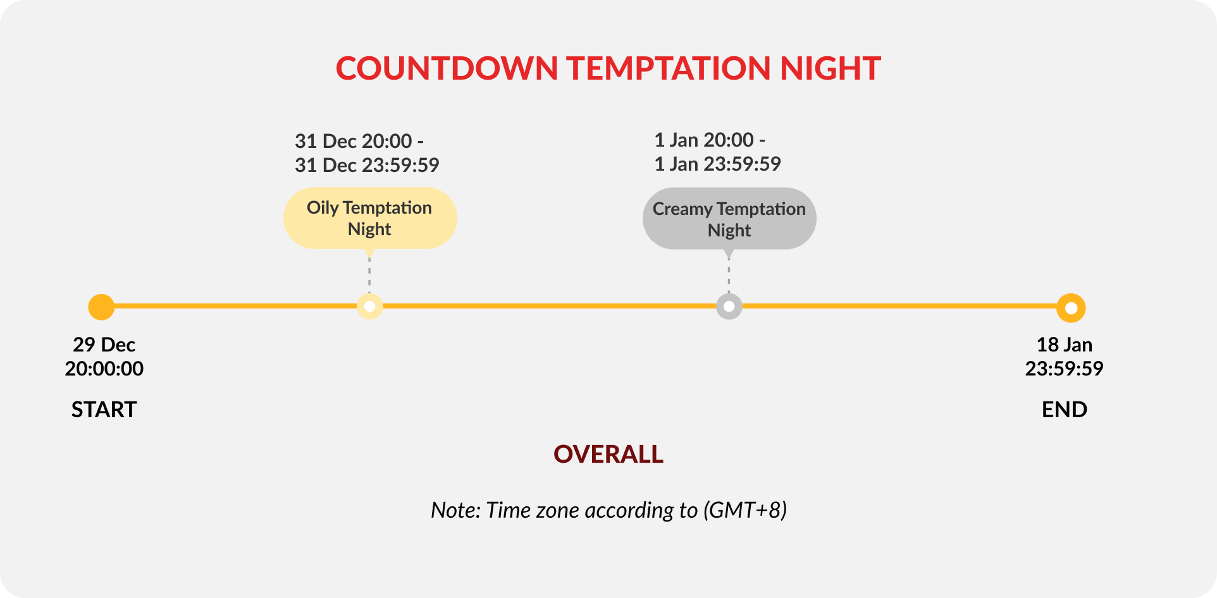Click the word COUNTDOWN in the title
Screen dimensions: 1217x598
click(x=447, y=68)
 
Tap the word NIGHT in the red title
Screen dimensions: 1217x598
click(x=831, y=68)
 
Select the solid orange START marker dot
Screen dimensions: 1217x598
click(x=101, y=307)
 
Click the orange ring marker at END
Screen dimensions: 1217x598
click(x=1071, y=308)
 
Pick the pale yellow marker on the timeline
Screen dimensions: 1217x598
click(x=370, y=307)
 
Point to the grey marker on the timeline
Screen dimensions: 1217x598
click(x=729, y=307)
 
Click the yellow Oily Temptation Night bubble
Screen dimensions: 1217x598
click(x=370, y=218)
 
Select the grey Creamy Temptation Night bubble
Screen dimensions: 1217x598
click(x=729, y=219)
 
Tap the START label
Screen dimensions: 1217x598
click(x=104, y=410)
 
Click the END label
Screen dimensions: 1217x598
click(x=1065, y=410)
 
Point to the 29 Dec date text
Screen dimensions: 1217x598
click(x=104, y=345)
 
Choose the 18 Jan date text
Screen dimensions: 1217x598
click(x=1065, y=345)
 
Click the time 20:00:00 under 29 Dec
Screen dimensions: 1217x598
click(x=104, y=369)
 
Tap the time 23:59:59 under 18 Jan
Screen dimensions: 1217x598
click(x=1065, y=369)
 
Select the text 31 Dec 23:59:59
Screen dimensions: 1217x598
click(x=367, y=165)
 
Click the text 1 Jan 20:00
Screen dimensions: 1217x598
click(x=704, y=140)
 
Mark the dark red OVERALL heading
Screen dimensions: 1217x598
click(x=608, y=455)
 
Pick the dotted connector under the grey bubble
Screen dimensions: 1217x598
click(x=729, y=276)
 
